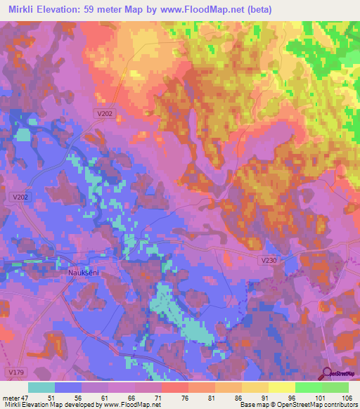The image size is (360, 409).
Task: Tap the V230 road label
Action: click(x=268, y=260)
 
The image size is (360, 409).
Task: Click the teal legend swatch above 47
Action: click(x=41, y=387)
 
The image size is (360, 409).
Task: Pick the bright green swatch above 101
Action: click(x=308, y=387)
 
